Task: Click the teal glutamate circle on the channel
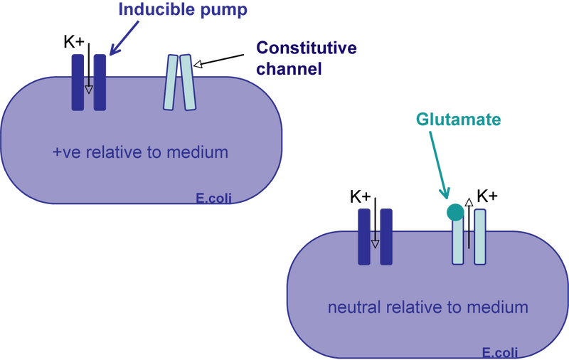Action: click(454, 211)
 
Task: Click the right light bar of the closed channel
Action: click(188, 83)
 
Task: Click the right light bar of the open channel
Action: click(480, 236)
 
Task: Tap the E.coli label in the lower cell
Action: click(498, 352)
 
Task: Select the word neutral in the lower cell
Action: click(353, 307)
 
